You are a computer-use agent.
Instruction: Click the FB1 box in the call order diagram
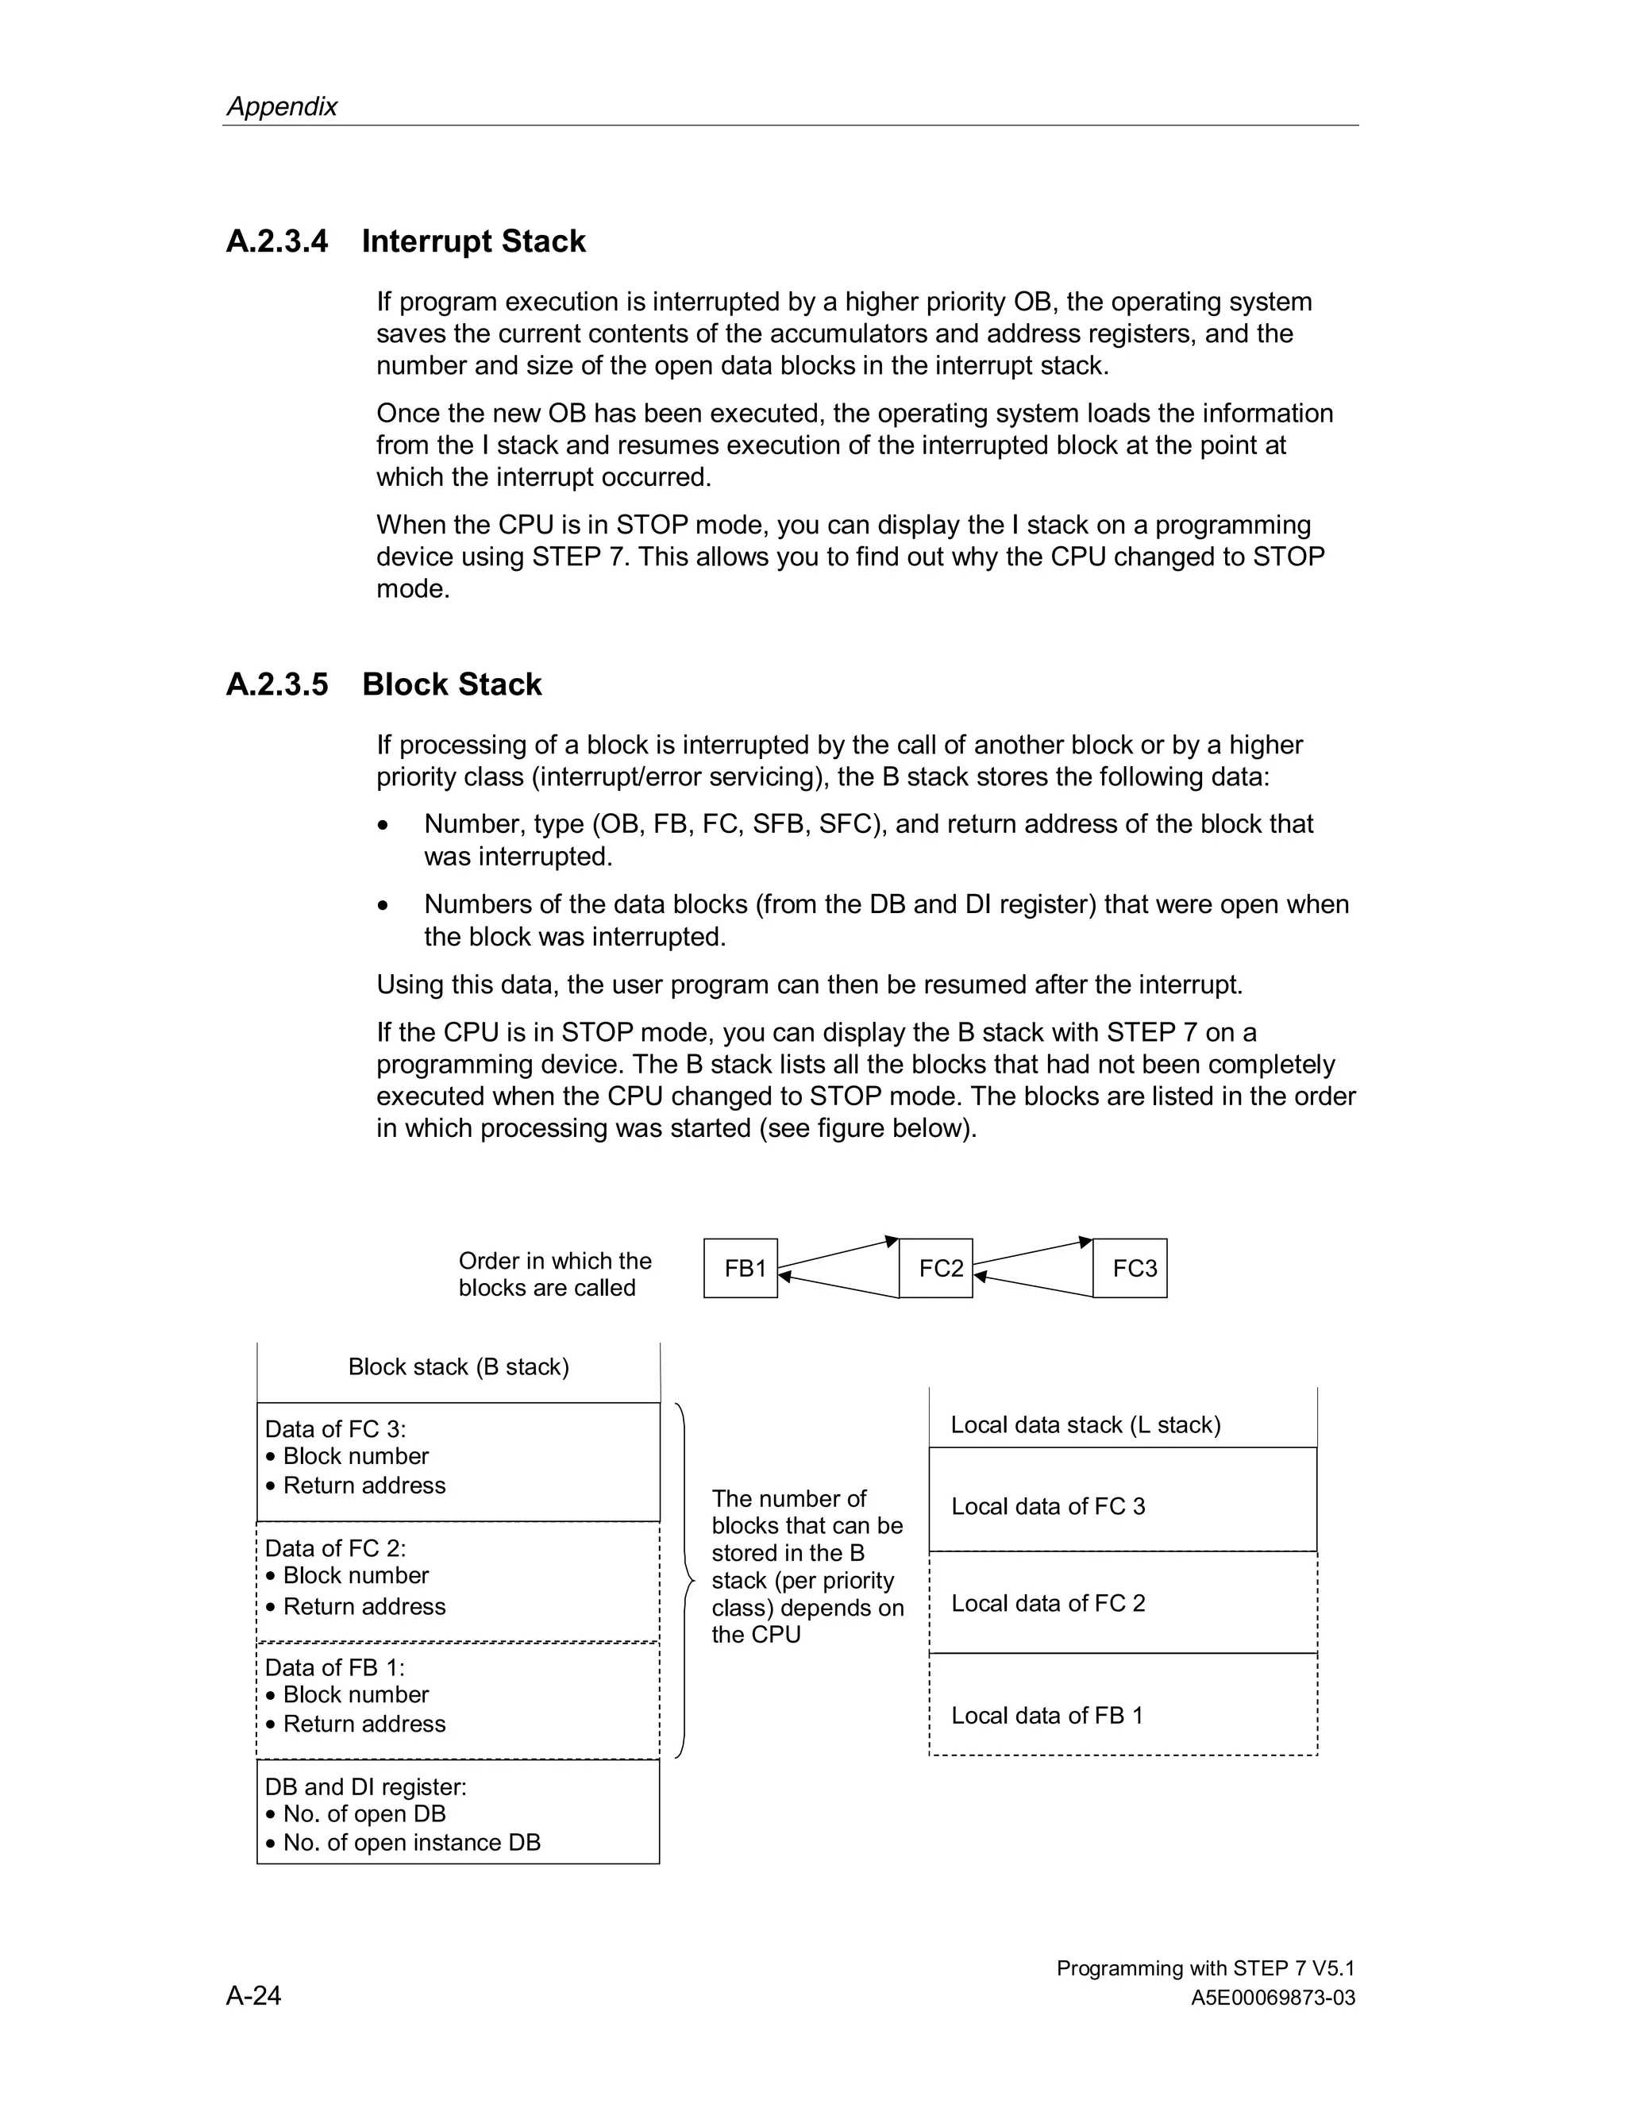(740, 1268)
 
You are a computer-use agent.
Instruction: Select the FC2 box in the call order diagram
(935, 1268)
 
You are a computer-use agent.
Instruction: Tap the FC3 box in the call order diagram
(1130, 1268)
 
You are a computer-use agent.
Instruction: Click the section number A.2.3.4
(276, 241)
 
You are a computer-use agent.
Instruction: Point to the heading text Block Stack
(451, 684)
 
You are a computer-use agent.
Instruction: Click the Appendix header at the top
(281, 106)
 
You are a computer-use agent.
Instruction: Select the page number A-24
(253, 1995)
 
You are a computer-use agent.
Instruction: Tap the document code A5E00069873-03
(1273, 1998)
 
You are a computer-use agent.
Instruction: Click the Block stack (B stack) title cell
(459, 1367)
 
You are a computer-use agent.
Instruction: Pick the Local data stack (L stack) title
(1085, 1425)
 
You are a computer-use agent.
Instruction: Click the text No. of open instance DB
(411, 1842)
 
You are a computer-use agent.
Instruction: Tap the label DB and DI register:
(365, 1786)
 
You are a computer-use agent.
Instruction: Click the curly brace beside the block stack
(685, 1580)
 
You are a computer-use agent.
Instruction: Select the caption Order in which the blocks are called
(554, 1274)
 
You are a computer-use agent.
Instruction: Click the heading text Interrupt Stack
(473, 241)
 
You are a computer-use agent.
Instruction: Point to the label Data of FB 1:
(334, 1667)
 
